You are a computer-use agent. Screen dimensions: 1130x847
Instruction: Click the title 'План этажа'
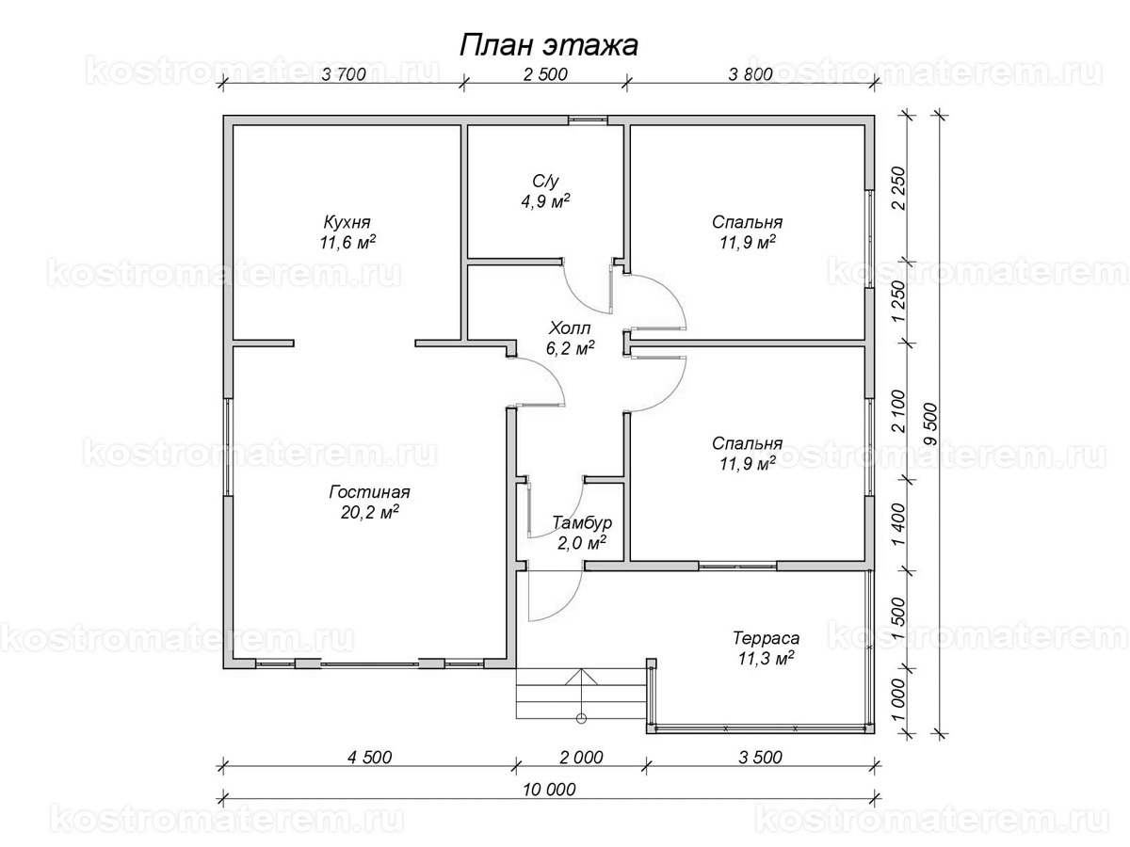[548, 45]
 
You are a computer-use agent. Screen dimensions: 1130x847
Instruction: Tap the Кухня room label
[347, 222]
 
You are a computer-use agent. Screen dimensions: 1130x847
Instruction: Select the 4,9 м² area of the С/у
[545, 200]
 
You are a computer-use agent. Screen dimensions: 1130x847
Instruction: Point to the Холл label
[570, 328]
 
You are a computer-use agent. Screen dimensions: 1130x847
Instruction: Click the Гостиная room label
[369, 492]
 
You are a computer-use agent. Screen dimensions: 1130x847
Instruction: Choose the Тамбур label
[582, 522]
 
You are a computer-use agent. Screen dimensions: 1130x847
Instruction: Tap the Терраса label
[766, 638]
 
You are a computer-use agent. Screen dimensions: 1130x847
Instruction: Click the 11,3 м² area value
[766, 658]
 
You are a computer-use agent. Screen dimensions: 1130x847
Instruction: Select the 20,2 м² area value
[370, 512]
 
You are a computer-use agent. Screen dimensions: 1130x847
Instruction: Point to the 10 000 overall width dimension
[549, 789]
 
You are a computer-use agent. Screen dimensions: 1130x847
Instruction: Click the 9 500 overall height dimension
[930, 424]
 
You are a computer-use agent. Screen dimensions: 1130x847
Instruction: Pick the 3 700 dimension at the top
[344, 74]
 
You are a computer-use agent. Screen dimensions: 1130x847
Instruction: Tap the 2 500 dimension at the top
[545, 74]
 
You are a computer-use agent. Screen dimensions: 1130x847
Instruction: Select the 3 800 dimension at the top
[751, 74]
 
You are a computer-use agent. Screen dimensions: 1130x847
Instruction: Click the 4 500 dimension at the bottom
[370, 757]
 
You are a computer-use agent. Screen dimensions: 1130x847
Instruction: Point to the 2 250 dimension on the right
[897, 187]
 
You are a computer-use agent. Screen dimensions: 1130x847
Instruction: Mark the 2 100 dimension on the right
[897, 411]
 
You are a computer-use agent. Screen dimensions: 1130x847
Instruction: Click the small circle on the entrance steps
[582, 718]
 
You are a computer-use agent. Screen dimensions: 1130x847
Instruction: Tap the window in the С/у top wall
[588, 120]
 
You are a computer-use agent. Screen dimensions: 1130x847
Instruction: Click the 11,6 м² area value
[347, 242]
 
